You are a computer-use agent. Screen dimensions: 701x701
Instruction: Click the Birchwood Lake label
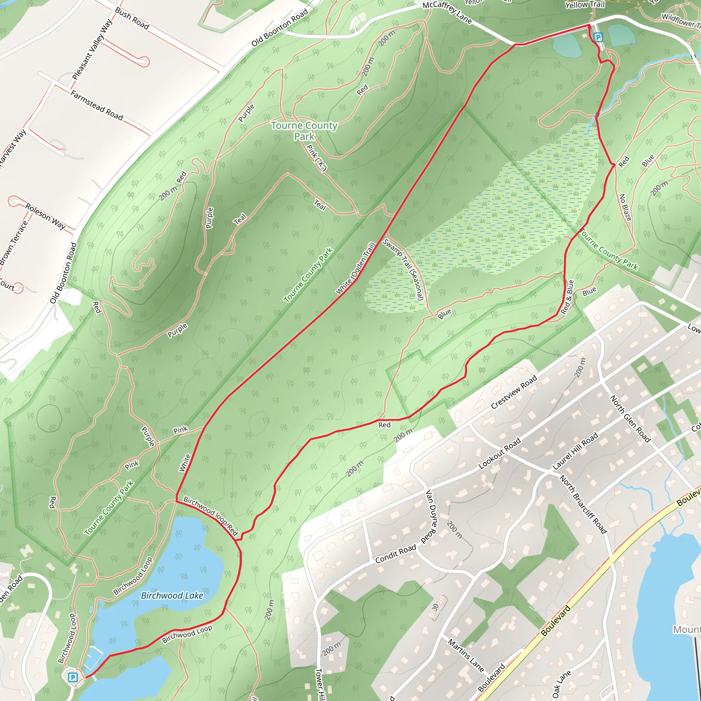tap(171, 596)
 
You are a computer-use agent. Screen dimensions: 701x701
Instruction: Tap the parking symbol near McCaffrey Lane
tap(598, 37)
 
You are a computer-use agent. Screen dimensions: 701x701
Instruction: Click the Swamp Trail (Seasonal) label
tap(404, 270)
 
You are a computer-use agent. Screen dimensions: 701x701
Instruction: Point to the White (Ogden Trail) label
tap(355, 268)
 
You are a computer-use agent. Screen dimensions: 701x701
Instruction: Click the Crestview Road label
tap(513, 393)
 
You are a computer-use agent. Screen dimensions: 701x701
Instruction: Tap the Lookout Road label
tap(499, 453)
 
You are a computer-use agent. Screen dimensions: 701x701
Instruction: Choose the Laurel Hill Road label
tap(575, 451)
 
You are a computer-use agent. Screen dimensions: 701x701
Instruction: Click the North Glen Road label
tap(630, 418)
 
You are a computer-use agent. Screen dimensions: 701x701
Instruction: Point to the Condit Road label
tap(395, 554)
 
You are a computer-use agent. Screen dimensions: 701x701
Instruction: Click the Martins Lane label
tap(466, 655)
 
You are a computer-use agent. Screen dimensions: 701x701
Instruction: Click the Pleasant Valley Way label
tap(92, 49)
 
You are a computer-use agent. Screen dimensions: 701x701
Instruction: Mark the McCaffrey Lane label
tap(447, 13)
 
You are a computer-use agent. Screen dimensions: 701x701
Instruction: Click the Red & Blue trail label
tap(567, 297)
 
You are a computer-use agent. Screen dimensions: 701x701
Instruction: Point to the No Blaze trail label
tap(625, 207)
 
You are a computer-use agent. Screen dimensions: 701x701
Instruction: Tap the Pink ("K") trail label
tap(317, 157)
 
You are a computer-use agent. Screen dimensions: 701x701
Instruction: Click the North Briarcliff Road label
tap(583, 504)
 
